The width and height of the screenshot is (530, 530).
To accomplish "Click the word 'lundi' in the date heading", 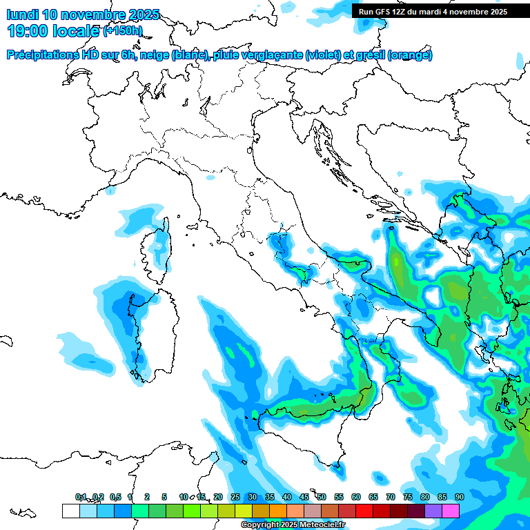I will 22,14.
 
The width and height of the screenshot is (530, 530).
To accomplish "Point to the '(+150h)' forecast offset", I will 122,31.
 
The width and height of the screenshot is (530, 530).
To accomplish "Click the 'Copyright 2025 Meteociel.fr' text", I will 293,525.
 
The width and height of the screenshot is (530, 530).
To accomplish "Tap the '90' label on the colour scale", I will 459,497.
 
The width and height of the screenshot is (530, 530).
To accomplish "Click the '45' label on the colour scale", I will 304,497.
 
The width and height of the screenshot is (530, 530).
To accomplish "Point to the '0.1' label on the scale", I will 81,497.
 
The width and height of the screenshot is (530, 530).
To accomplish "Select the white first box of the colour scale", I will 70,511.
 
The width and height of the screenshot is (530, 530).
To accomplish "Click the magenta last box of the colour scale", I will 451,511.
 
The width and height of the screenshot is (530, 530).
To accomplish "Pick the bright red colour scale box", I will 364,511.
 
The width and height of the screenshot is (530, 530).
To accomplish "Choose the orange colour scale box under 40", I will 277,511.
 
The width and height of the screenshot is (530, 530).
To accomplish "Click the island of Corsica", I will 159,245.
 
